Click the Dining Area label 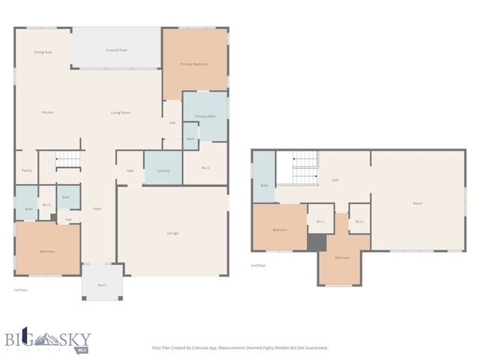coord(43,52)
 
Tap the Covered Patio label coord(116,50)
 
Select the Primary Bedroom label coord(193,64)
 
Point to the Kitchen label coord(47,112)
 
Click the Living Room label coord(121,112)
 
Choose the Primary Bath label coord(205,117)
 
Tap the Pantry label coord(26,170)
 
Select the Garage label coord(172,233)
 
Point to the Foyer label coord(97,208)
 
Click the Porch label coord(102,284)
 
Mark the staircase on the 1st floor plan coord(68,160)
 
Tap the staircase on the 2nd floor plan coord(304,168)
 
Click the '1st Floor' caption coord(20,289)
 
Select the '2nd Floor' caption coord(259,265)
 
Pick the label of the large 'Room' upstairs coord(418,203)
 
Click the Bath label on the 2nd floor coord(264,185)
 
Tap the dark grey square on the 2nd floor coord(317,243)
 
